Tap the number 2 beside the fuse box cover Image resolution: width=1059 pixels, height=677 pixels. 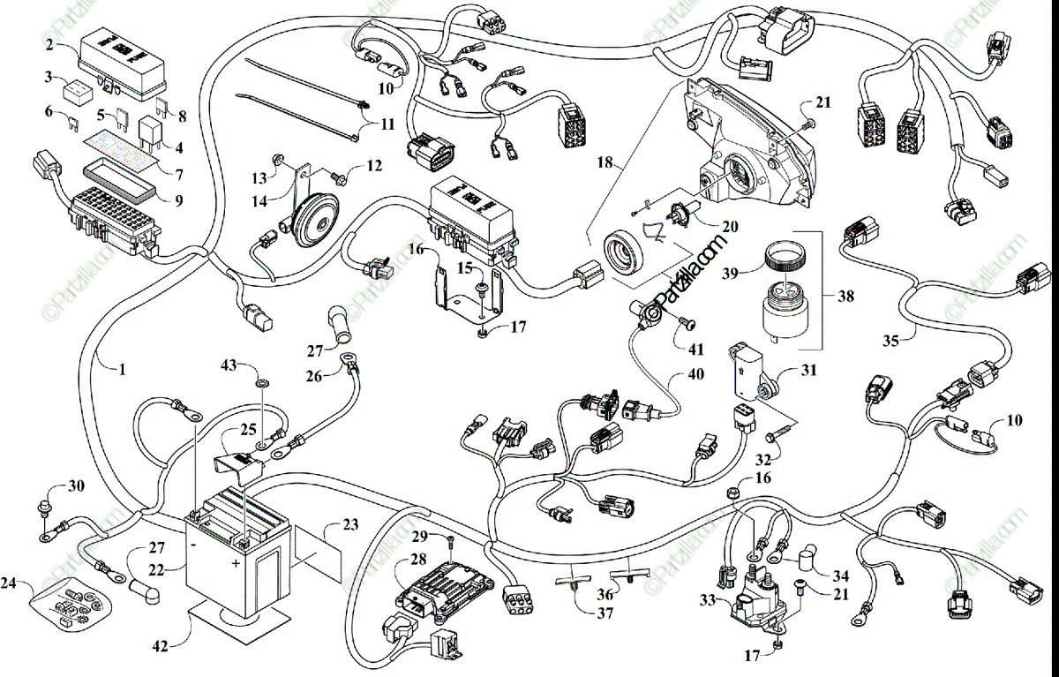(x=49, y=44)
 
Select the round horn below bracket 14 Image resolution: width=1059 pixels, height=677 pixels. (x=309, y=216)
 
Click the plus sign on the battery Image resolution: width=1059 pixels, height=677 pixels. (x=237, y=562)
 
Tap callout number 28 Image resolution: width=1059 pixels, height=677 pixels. (x=416, y=559)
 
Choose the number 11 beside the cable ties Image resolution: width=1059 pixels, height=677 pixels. (x=387, y=124)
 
